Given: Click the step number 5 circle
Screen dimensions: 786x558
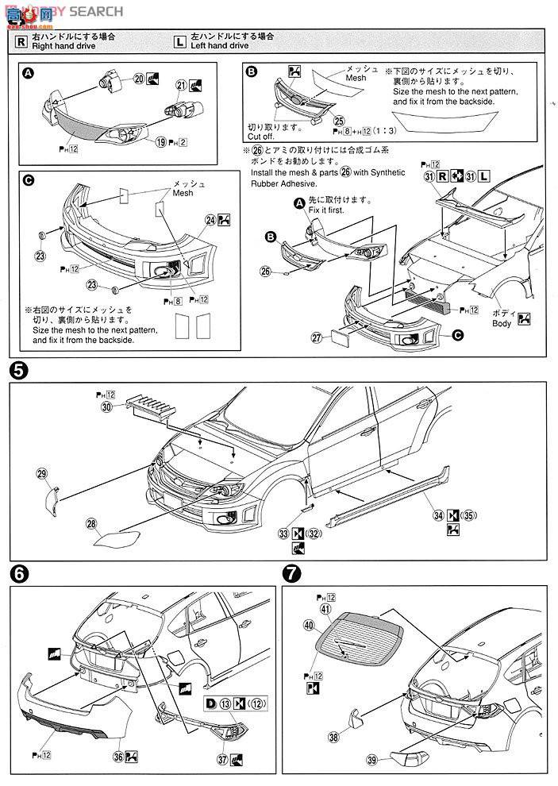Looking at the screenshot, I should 18,370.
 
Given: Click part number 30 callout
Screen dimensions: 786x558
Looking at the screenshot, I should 106,406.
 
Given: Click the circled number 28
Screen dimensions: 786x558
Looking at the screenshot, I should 92,524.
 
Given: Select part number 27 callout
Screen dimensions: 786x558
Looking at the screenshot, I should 316,338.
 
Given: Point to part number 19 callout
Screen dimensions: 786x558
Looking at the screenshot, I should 160,142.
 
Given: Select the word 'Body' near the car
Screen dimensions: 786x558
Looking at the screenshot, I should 502,323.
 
